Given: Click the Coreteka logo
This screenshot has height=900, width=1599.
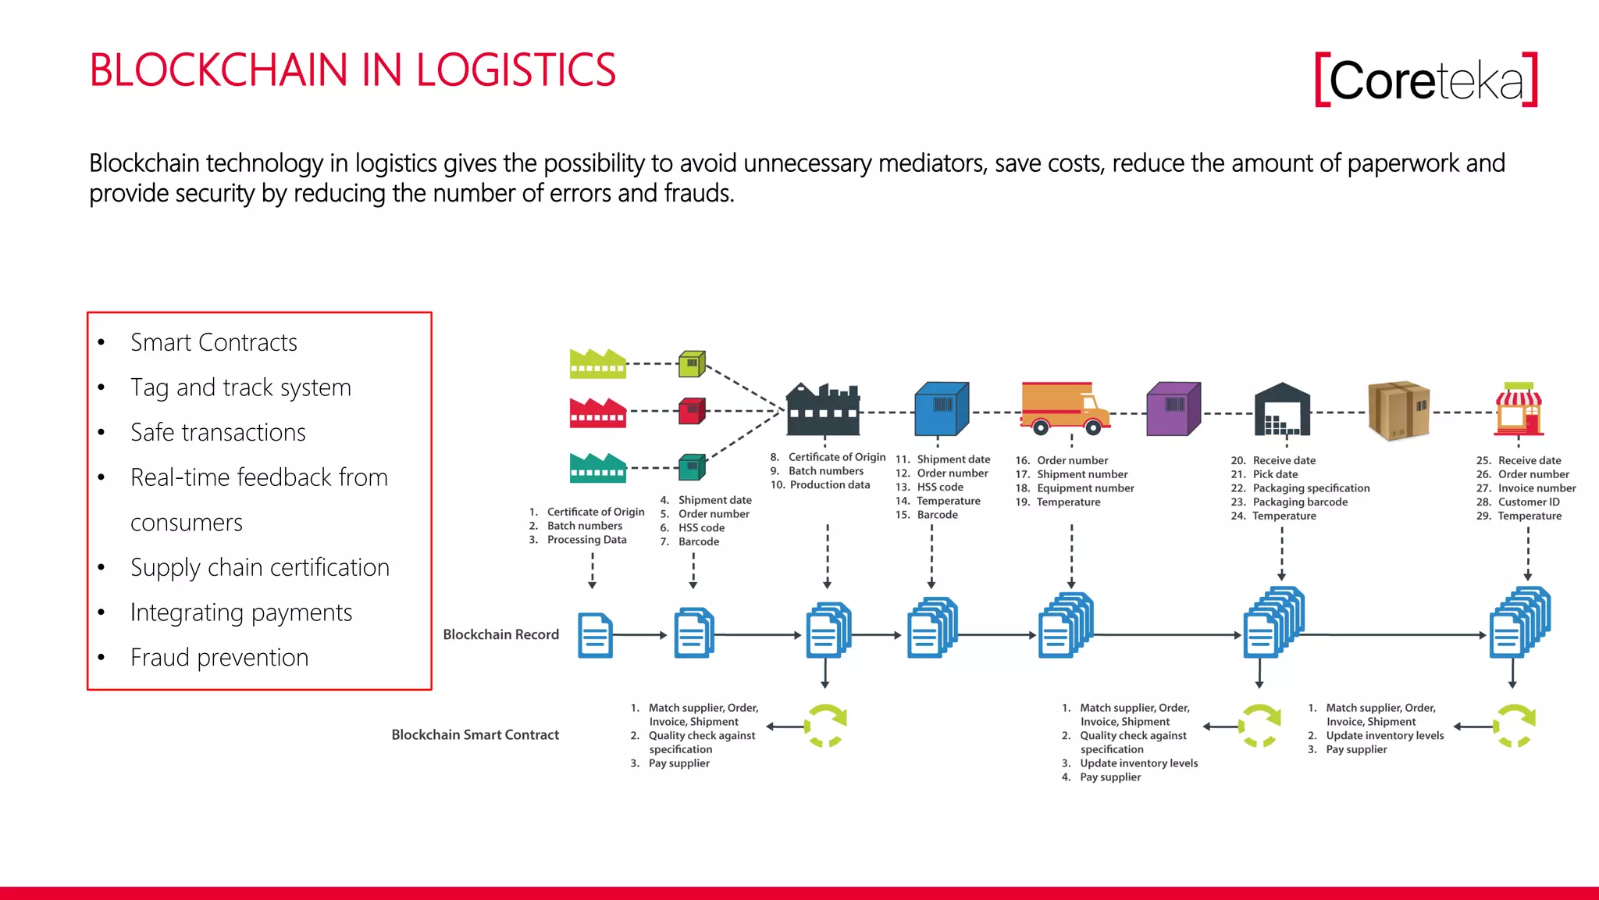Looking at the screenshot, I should [x=1426, y=80].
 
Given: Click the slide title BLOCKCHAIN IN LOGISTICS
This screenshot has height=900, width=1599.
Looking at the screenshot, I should [x=352, y=70].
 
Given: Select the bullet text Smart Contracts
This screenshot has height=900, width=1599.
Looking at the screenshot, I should [x=213, y=342].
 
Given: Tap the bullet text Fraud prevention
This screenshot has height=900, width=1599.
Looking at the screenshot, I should [x=219, y=657].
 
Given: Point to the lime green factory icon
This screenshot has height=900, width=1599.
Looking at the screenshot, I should [x=597, y=364].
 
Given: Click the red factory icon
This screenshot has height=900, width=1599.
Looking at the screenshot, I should [x=597, y=412].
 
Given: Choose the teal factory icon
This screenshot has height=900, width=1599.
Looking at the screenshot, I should [x=597, y=467].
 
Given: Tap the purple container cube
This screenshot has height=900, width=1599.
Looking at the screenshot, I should [x=1173, y=409].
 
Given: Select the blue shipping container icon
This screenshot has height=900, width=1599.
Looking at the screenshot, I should [x=941, y=409].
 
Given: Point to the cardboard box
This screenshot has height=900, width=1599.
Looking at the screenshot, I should [x=1398, y=410].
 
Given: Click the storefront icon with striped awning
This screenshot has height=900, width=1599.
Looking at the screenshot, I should [x=1519, y=409].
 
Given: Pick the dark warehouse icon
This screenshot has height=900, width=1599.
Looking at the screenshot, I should [x=1282, y=409].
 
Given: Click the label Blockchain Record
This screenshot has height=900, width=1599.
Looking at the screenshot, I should [x=500, y=634].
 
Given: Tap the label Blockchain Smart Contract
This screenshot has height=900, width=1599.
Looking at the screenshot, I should [x=475, y=734].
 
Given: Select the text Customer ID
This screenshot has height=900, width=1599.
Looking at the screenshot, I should [x=1528, y=502].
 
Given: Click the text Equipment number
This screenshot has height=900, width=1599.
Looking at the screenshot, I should [x=1085, y=488].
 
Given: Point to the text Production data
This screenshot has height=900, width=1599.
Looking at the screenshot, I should [x=829, y=485].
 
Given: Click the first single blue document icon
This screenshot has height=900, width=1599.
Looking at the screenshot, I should [x=595, y=635].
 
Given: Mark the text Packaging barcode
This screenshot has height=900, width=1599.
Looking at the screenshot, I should [x=1300, y=502].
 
